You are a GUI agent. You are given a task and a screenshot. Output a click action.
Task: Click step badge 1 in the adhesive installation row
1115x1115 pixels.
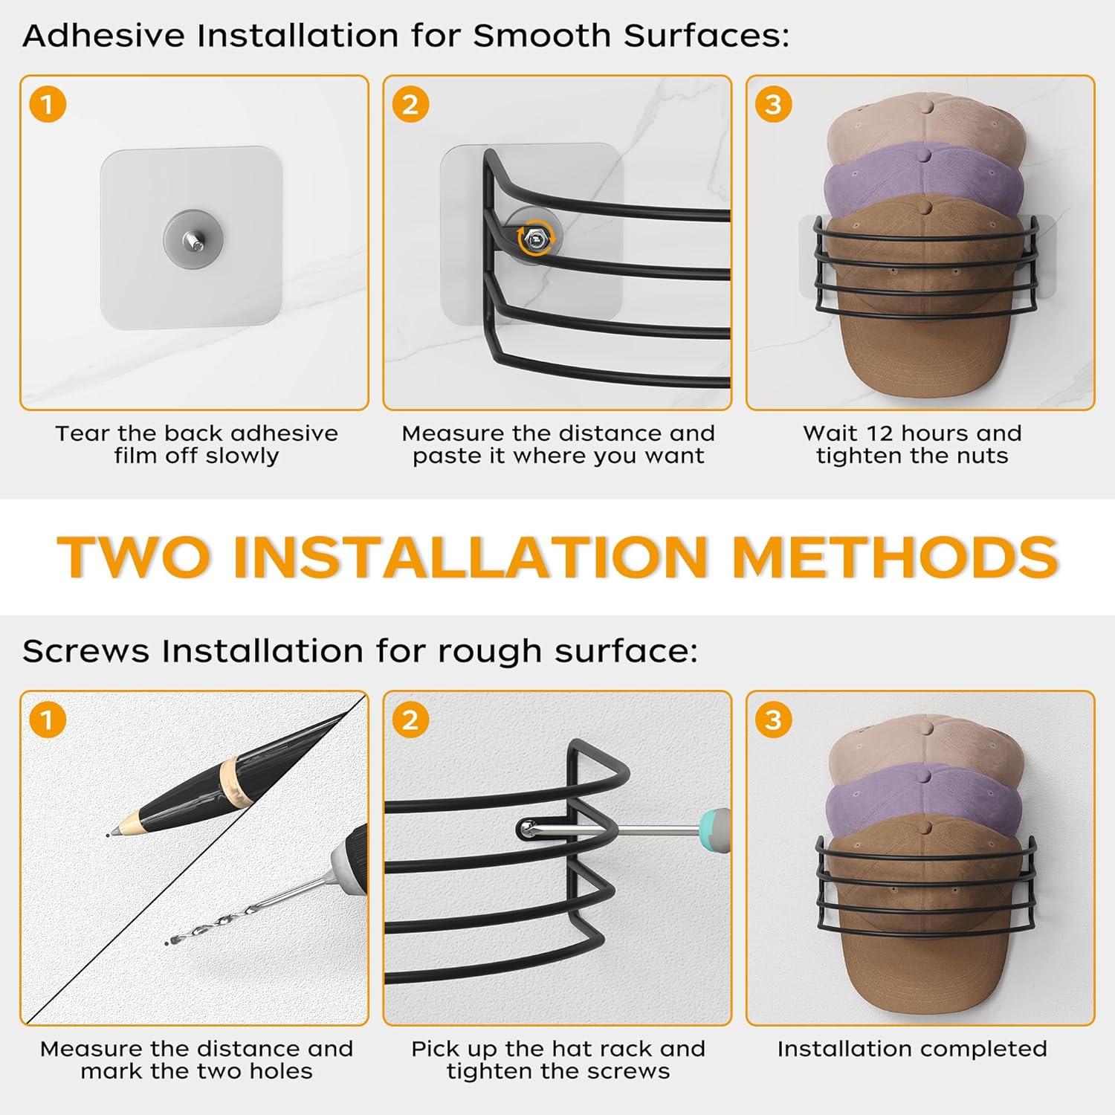point(48,104)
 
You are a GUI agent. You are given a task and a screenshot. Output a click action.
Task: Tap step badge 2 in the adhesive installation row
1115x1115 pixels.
point(410,104)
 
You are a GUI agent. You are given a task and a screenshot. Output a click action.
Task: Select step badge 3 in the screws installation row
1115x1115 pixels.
point(773,720)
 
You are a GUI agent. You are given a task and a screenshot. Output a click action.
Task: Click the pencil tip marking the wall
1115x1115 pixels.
point(111,833)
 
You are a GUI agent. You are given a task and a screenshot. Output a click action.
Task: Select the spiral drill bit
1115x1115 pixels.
point(245,903)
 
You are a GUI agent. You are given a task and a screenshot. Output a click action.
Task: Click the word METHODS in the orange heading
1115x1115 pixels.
point(895,556)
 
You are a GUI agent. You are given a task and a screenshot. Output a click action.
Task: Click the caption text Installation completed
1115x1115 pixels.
point(912,1049)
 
